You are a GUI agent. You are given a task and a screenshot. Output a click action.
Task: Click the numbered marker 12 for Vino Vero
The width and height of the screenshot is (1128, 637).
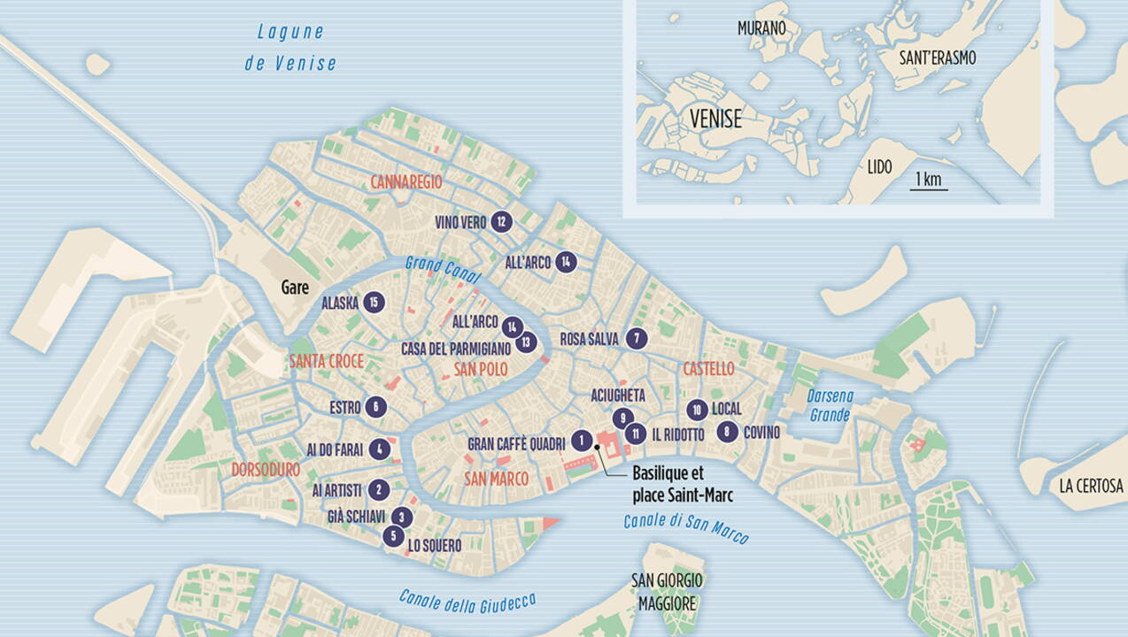point(502,222)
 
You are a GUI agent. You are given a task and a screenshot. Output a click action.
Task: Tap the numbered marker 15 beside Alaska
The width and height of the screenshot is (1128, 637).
point(375,303)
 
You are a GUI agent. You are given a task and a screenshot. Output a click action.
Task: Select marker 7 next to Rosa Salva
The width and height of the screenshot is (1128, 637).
point(635,338)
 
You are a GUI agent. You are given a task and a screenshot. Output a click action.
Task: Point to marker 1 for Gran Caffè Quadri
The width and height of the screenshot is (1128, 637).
point(581,440)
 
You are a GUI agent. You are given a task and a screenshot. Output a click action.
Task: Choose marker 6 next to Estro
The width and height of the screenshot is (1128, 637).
point(376,407)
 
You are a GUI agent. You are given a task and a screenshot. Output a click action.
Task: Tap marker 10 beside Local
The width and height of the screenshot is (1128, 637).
point(697,410)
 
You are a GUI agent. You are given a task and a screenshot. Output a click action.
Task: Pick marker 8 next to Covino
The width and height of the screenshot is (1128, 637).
point(727,432)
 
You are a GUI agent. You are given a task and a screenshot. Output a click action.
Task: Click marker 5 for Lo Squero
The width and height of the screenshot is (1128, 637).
point(393,535)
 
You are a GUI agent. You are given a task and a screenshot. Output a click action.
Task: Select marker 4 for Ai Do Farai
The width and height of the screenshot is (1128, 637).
point(379,449)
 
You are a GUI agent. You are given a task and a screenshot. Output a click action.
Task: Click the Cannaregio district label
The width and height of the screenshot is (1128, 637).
point(406,181)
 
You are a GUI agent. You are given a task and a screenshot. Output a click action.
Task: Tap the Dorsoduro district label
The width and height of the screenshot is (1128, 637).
point(266,471)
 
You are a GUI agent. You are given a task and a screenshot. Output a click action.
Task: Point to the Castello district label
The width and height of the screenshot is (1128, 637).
point(708,368)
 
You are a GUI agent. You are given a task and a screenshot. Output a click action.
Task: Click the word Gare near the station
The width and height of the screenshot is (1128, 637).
point(295,288)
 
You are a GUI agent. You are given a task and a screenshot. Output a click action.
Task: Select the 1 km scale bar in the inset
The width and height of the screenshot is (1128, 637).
point(929,180)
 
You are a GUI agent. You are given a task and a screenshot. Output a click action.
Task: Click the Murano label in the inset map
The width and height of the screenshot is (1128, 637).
point(761,28)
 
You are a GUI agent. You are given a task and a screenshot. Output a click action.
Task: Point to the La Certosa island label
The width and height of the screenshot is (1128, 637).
point(1091,486)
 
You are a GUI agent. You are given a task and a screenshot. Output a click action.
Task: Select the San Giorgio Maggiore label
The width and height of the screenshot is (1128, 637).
point(667,591)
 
